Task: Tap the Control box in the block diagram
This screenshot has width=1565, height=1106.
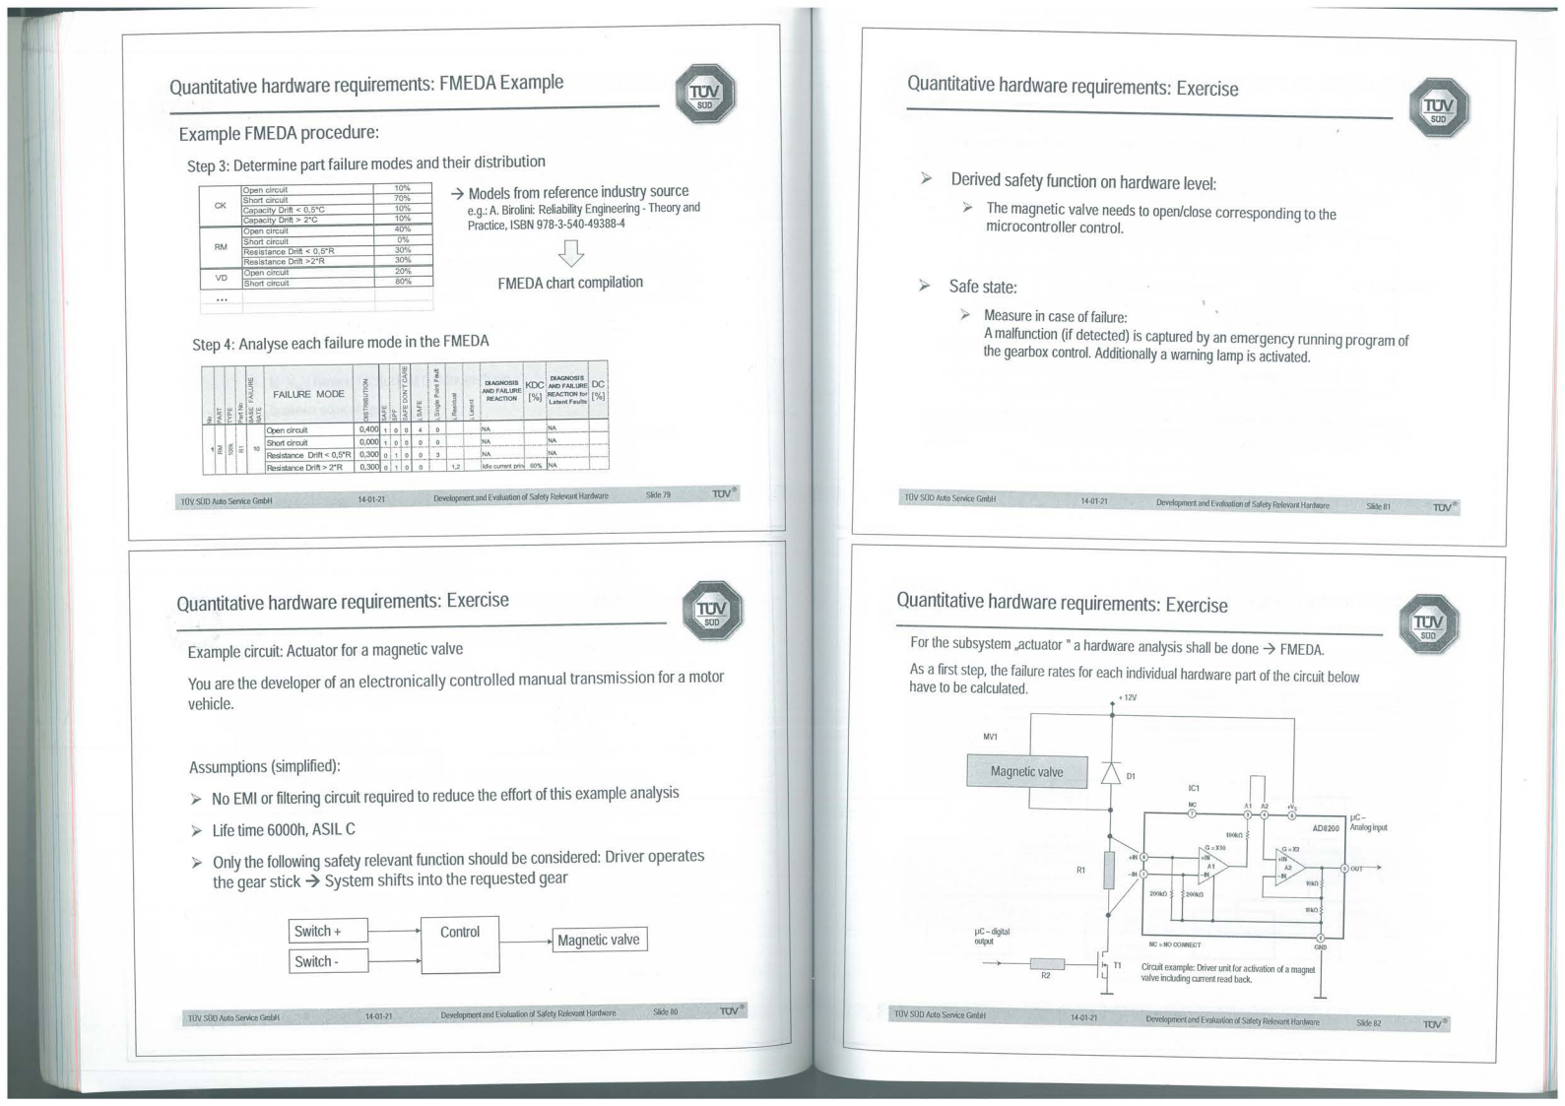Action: click(x=460, y=932)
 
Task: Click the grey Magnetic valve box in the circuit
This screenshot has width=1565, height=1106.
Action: click(x=1026, y=772)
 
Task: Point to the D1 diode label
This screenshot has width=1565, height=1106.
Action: click(x=1131, y=776)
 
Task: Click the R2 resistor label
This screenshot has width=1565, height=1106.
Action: click(x=1046, y=976)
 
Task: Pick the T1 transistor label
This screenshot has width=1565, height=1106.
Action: click(x=1118, y=965)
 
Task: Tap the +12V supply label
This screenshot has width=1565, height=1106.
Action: click(x=1126, y=697)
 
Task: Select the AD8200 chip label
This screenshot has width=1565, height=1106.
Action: click(x=1326, y=828)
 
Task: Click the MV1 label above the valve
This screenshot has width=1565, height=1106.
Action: click(x=990, y=737)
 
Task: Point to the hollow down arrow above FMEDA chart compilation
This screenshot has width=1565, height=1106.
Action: click(x=571, y=255)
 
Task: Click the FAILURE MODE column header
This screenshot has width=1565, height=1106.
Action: click(x=308, y=394)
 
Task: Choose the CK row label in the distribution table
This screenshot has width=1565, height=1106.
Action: click(x=220, y=205)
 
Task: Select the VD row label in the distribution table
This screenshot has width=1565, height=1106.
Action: click(x=220, y=277)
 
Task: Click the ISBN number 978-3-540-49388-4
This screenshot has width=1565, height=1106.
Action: click(x=581, y=224)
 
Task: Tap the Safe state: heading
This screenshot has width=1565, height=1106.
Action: click(x=983, y=287)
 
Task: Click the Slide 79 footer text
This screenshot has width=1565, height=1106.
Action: click(x=658, y=494)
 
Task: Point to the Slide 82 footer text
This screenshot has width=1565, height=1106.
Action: click(x=1368, y=1023)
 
